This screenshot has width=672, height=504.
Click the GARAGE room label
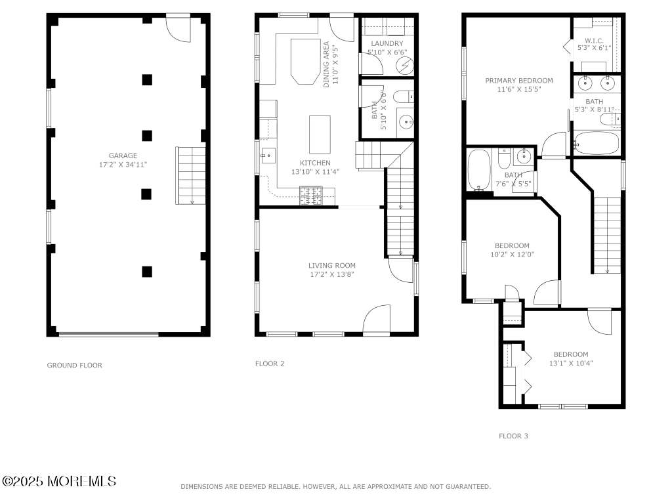(123, 156)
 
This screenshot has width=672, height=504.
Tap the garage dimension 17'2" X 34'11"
(123, 165)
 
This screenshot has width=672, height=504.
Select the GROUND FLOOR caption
(75, 365)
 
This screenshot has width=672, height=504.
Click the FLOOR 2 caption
(270, 364)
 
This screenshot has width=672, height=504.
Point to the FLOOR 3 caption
(513, 436)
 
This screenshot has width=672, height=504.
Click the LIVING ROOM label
(332, 265)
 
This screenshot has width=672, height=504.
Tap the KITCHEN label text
(315, 163)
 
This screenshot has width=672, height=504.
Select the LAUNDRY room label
(387, 43)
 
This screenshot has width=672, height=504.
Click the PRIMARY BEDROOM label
(519, 80)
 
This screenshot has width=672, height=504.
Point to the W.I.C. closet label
(594, 41)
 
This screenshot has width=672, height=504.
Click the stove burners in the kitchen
(311, 196)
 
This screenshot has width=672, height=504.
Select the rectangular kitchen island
(320, 135)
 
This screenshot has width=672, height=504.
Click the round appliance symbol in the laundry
(404, 66)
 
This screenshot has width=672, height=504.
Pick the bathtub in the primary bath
(596, 143)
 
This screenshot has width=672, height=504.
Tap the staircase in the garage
(191, 176)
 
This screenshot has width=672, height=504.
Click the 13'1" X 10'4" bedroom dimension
(571, 364)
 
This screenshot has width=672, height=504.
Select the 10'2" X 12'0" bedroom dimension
(512, 255)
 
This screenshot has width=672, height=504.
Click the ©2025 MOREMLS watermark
(59, 481)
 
